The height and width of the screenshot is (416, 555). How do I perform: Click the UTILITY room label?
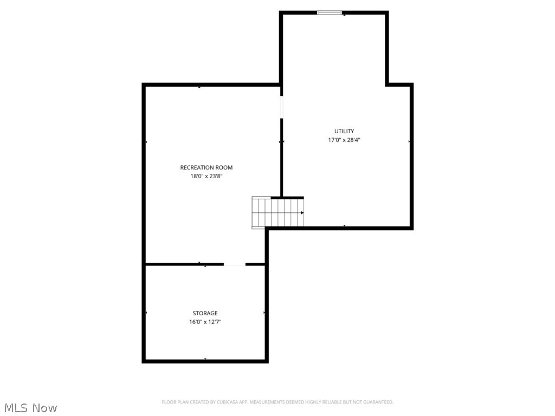(x=344, y=131)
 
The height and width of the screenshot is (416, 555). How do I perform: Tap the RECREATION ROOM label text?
(x=206, y=168)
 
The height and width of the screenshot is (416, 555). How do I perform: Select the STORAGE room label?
(x=205, y=313)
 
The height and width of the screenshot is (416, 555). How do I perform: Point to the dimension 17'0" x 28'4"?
(x=344, y=140)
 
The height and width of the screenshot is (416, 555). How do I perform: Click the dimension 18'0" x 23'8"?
(x=206, y=176)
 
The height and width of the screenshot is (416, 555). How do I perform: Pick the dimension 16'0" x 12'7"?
(x=205, y=322)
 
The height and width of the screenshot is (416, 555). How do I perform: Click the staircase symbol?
(x=277, y=212)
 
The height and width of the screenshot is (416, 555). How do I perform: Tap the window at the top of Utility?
(x=330, y=12)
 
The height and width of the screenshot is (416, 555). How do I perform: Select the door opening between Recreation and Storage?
(x=234, y=264)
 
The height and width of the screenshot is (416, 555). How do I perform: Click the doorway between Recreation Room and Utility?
(x=281, y=107)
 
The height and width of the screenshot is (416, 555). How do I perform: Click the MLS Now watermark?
(x=30, y=407)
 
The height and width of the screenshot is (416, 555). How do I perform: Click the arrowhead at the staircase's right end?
(x=302, y=213)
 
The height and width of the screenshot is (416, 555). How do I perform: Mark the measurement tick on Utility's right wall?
(x=409, y=141)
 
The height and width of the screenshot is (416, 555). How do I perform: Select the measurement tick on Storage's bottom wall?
(x=205, y=359)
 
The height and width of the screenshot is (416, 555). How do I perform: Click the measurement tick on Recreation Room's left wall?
(x=146, y=142)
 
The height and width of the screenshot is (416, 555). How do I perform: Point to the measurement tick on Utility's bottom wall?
(x=344, y=225)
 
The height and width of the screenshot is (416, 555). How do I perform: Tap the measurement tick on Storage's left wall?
(x=146, y=313)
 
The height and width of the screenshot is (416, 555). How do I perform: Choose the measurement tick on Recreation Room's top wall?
(x=199, y=87)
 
